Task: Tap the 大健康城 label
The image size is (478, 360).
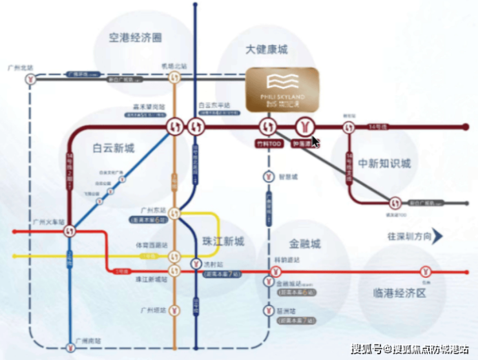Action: (x=267, y=50)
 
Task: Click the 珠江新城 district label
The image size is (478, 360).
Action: (x=223, y=242)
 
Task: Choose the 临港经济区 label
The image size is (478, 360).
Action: (x=400, y=293)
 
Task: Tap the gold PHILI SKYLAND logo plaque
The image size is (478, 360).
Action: (x=282, y=89)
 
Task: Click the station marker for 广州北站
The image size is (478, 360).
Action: (x=30, y=78)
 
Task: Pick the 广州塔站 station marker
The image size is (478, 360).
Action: (x=174, y=310)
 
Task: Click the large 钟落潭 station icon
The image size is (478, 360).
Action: (x=303, y=126)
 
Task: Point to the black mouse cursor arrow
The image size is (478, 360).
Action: (x=316, y=142)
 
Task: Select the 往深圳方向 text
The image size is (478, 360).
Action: (x=408, y=237)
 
